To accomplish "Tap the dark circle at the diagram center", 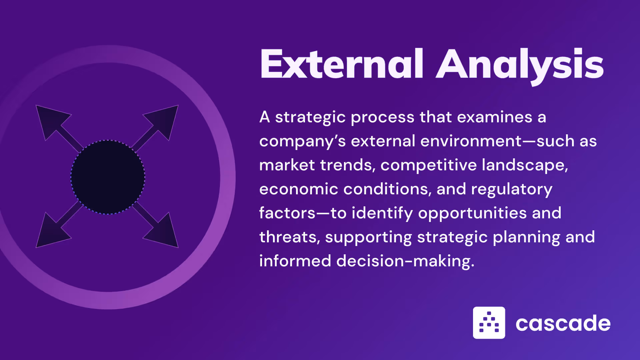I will [x=108, y=177].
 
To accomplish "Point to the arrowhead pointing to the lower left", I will [x=50, y=233].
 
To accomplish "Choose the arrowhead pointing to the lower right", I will [x=165, y=233].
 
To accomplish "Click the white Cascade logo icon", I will [x=489, y=323].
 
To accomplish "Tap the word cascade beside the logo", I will [x=563, y=323].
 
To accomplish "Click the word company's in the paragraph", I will [x=302, y=141].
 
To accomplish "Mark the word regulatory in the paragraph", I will [x=512, y=189].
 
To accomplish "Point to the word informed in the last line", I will [x=295, y=261].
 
